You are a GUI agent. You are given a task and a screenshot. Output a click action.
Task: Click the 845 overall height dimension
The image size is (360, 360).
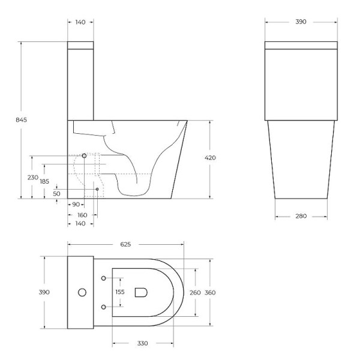click(x=21, y=119)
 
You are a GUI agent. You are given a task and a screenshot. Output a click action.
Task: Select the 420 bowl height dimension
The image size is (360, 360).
click(x=210, y=158)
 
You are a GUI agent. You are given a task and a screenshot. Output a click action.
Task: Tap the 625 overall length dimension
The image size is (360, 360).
click(x=125, y=245)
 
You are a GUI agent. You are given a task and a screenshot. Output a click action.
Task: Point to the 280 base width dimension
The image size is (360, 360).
click(x=301, y=216)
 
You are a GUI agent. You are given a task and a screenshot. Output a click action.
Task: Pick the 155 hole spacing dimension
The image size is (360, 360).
click(x=119, y=292)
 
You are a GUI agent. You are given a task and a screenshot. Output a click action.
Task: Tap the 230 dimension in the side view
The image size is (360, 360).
click(x=32, y=178)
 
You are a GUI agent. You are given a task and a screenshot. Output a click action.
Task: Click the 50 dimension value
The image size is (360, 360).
click(x=56, y=194)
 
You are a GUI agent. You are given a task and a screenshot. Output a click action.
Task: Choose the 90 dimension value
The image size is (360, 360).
click(x=76, y=205)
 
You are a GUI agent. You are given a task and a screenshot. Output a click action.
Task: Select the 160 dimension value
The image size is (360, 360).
click(x=82, y=214)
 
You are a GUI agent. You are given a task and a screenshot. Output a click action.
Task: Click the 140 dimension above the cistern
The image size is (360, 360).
click(x=80, y=22)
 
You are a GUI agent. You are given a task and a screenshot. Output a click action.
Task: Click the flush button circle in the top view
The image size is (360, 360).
click(x=82, y=293)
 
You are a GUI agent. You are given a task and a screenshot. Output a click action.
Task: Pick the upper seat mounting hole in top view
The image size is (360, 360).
click(x=104, y=278)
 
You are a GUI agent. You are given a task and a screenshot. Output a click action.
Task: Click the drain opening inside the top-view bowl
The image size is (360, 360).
click(x=142, y=292)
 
